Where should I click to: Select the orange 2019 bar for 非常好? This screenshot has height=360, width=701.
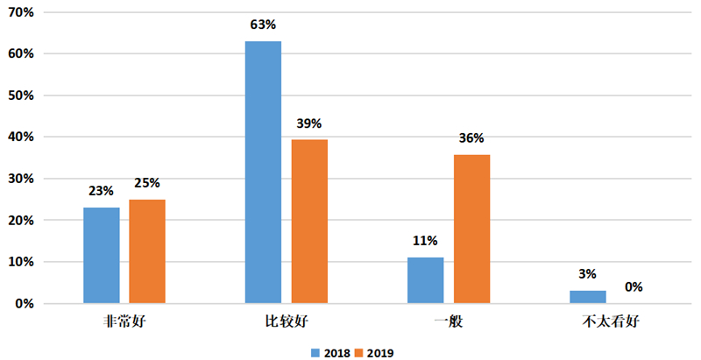coord(147,252)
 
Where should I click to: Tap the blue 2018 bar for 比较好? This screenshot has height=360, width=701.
coord(263,173)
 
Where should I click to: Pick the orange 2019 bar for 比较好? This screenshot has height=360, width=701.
coord(309,222)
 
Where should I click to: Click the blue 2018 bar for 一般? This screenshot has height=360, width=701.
coord(426,280)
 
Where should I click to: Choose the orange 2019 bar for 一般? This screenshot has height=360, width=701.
coord(471,229)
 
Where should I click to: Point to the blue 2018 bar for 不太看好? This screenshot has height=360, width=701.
coord(588,297)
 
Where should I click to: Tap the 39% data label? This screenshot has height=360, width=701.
coord(309,124)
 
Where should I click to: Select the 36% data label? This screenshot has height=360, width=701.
coord(471,138)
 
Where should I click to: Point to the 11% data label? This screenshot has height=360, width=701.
coord(426,241)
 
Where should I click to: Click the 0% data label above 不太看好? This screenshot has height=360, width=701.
coord(634,286)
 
